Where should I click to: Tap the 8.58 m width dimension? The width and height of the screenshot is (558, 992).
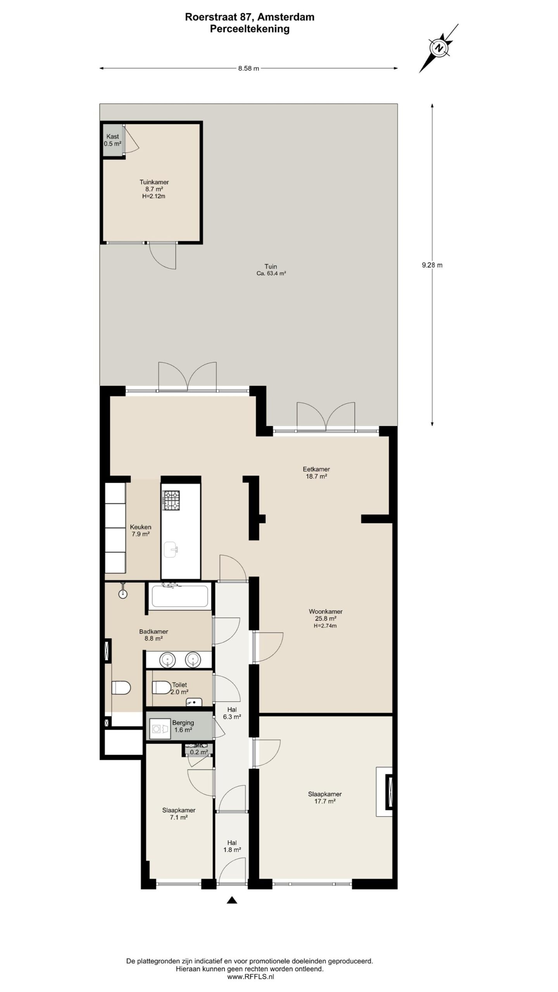click(x=248, y=69)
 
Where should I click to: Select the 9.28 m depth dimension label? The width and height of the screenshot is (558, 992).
click(x=432, y=265)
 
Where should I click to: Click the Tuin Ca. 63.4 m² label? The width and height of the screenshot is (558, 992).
click(x=271, y=270)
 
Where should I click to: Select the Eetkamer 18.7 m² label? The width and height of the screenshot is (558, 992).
click(x=316, y=473)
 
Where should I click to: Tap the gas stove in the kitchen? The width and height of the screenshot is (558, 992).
click(x=171, y=500)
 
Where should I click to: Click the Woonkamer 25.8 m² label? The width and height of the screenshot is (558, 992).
click(x=325, y=618)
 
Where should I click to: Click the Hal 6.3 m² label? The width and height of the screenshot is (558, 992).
click(x=232, y=713)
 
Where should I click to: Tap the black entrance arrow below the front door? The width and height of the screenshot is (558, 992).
click(x=232, y=900)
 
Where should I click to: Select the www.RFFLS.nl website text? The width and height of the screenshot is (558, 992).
click(x=250, y=977)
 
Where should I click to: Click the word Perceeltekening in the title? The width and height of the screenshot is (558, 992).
click(x=250, y=29)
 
